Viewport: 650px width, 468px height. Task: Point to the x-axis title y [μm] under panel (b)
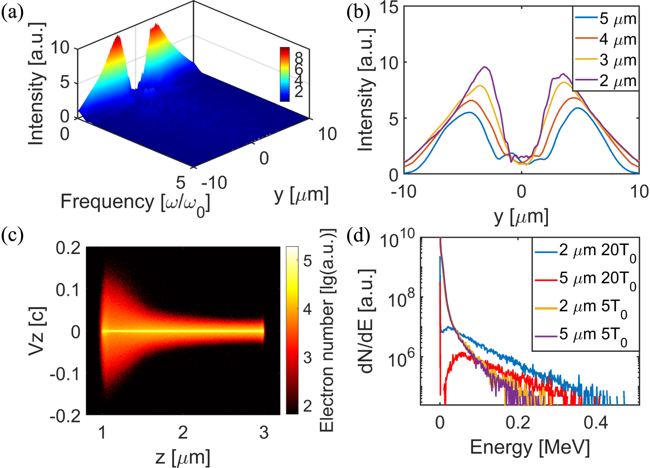coord(521,217)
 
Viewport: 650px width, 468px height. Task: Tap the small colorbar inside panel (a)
coord(284,74)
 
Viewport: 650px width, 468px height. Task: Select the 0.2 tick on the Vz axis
coord(68,248)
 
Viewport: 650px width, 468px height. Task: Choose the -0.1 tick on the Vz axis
coord(65,374)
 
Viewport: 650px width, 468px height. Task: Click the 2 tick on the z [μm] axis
coord(183,433)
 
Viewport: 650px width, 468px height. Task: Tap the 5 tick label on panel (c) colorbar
coord(307,260)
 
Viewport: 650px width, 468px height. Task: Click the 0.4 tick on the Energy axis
coord(595,423)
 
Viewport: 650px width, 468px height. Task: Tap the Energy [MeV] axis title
coord(529,448)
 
